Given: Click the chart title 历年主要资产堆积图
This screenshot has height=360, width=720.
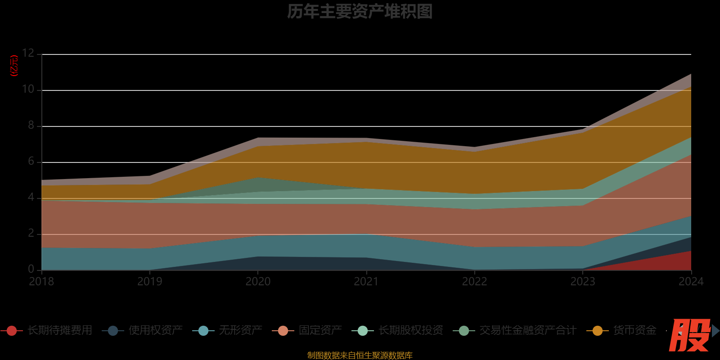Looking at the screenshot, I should point(360,12).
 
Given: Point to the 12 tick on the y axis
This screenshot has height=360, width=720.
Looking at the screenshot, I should point(28,53).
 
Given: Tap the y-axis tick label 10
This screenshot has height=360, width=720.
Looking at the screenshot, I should point(28,89).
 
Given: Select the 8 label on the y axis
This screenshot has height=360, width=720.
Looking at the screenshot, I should point(31,125).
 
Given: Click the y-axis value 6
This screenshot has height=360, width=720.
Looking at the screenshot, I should point(31,161).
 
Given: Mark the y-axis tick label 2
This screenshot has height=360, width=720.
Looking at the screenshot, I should point(31,233).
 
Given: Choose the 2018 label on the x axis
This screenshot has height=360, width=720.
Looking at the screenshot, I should point(41,282).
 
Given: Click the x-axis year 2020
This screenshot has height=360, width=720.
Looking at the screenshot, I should point(258,282).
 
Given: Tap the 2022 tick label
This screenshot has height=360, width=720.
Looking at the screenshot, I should point(474,282).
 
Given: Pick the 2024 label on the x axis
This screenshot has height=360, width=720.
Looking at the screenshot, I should point(691,282).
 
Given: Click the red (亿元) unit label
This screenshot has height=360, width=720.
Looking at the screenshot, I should point(14,66).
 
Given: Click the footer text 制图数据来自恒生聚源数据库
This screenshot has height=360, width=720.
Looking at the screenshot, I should point(360,355).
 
